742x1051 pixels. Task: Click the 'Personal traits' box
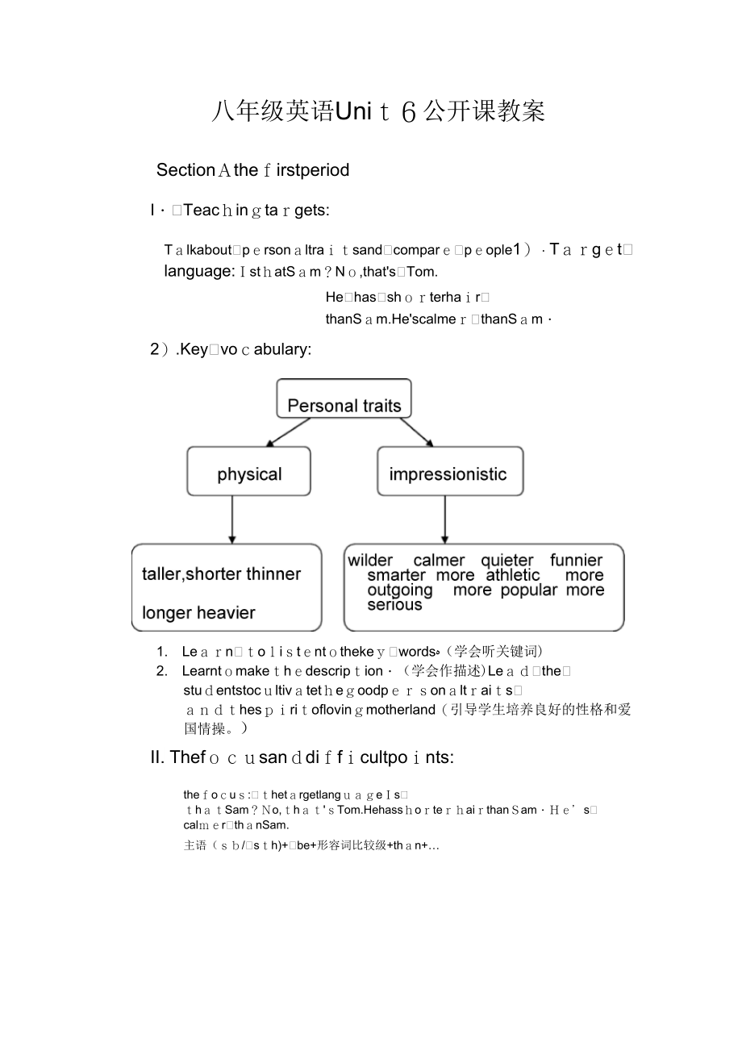344,399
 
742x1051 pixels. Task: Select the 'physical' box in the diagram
248,472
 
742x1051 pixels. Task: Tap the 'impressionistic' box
449,472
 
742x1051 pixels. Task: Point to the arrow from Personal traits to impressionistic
415,432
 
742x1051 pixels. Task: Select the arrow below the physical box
232,519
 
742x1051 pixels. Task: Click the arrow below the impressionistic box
444,519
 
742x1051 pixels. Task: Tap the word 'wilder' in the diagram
370,560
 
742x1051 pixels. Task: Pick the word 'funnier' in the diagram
576,560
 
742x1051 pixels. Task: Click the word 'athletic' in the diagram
512,575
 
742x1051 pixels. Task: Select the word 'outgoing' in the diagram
399,590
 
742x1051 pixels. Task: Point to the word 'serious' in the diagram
394,605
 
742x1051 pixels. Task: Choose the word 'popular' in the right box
528,590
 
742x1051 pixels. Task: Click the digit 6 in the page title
408,112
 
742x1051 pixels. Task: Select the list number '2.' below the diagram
162,671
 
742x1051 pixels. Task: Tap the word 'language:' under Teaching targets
199,272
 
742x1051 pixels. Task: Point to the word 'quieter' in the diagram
507,560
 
